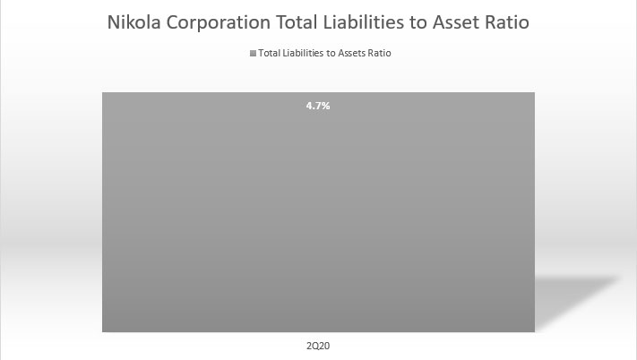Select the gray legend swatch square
[253, 54]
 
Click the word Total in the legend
[268, 54]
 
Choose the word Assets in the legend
[346, 54]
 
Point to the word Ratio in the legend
[379, 54]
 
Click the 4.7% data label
[318, 106]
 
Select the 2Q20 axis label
[318, 346]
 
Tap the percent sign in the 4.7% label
[326, 106]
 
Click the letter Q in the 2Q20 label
[316, 346]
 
